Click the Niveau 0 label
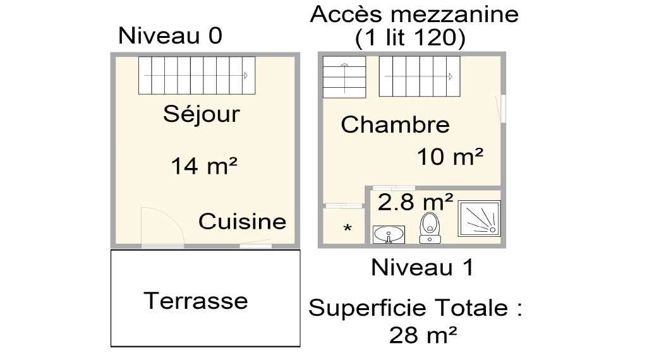pyautogui.click(x=170, y=35)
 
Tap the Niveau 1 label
pyautogui.click(x=422, y=268)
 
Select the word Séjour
pyautogui.click(x=202, y=114)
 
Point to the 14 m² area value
pyautogui.click(x=204, y=165)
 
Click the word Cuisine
pyautogui.click(x=242, y=222)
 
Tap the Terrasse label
pyautogui.click(x=196, y=301)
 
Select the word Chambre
pyautogui.click(x=395, y=124)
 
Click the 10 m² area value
pyautogui.click(x=450, y=157)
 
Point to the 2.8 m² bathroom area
pyautogui.click(x=415, y=202)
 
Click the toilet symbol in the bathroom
pyautogui.click(x=430, y=227)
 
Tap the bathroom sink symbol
pyautogui.click(x=389, y=235)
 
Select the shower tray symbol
pyautogui.click(x=480, y=219)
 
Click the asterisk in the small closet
pyautogui.click(x=348, y=227)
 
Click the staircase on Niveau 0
pyautogui.click(x=197, y=75)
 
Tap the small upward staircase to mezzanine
pyautogui.click(x=344, y=76)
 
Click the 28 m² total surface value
pyautogui.click(x=423, y=335)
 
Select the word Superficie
pyautogui.click(x=368, y=308)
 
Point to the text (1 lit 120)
pyautogui.click(x=411, y=39)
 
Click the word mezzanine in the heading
pyautogui.click(x=455, y=15)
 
